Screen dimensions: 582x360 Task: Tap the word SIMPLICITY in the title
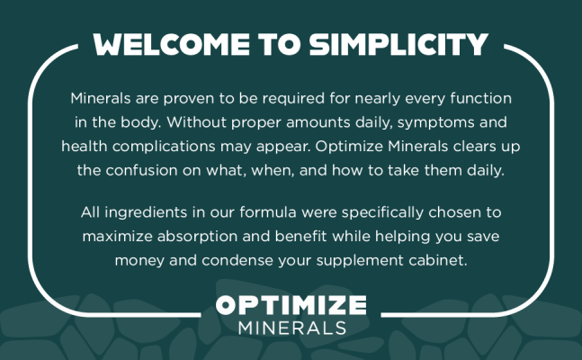[x=398, y=45]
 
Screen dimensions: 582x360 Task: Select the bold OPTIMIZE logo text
[x=291, y=305]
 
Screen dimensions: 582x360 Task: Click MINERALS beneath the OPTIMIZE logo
[x=292, y=328]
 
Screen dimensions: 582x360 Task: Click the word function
[x=480, y=98]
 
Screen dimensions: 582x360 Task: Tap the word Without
[x=196, y=122]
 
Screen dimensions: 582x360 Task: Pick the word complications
[x=164, y=147]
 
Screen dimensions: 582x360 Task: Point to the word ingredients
[x=146, y=213]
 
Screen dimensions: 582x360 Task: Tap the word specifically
[x=382, y=213]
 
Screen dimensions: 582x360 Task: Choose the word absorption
[x=197, y=237]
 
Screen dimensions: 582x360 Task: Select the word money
[x=139, y=261]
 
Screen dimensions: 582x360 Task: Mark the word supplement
[x=360, y=261]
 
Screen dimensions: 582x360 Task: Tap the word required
[x=293, y=99]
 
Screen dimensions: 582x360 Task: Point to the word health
[x=85, y=146]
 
